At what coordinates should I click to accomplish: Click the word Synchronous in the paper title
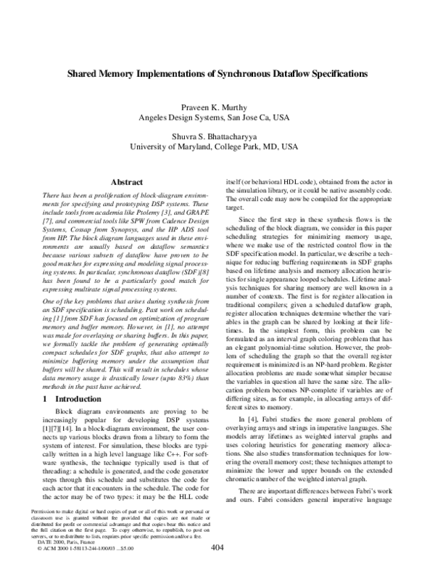tap(231, 74)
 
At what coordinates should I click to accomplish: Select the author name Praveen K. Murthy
tap(218, 107)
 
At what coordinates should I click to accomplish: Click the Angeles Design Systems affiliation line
tap(218, 117)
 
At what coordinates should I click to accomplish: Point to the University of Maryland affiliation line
tap(218, 146)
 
